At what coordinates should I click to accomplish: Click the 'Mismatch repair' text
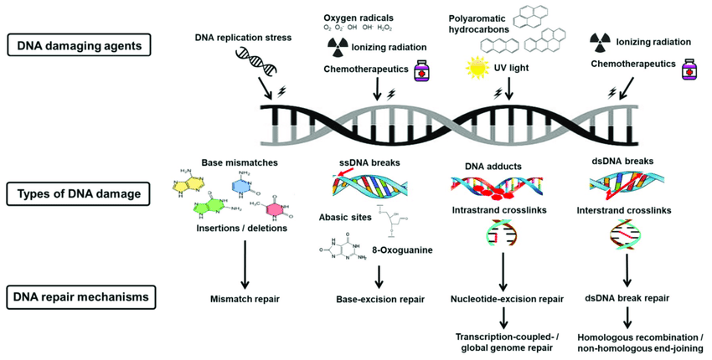tap(245, 296)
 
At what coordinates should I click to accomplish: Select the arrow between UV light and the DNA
tap(508, 87)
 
